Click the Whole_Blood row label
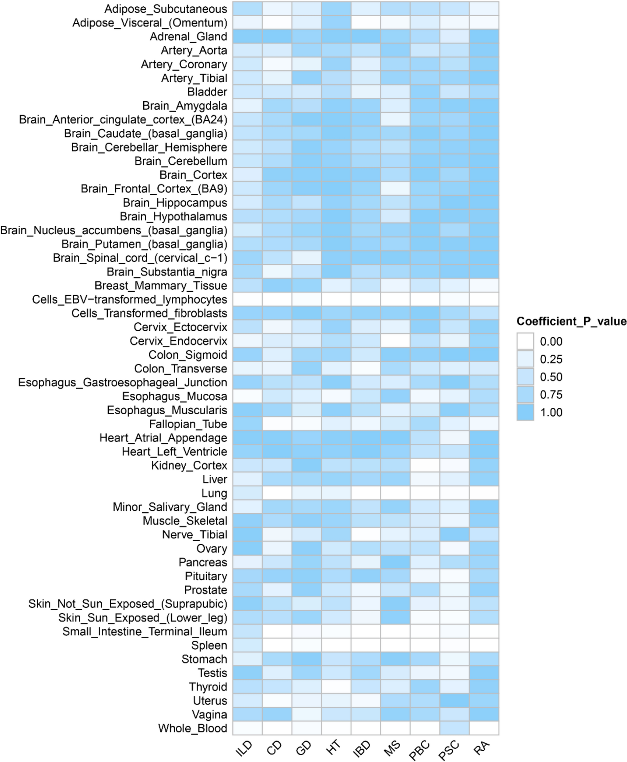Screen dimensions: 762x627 192,728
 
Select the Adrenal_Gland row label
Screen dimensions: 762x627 188,36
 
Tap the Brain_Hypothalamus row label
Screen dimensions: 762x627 173,216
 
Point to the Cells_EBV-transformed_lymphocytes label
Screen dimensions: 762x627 129,299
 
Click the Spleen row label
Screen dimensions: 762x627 209,645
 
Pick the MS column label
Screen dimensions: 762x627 392,748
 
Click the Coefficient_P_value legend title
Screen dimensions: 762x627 571,321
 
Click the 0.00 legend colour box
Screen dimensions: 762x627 525,341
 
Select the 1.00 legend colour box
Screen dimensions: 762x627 525,412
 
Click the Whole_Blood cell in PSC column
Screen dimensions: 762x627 454,728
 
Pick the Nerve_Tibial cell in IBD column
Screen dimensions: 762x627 365,534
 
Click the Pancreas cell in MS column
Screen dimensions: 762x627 395,562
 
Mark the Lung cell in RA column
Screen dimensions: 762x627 484,493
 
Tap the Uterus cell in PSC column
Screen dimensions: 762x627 454,701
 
